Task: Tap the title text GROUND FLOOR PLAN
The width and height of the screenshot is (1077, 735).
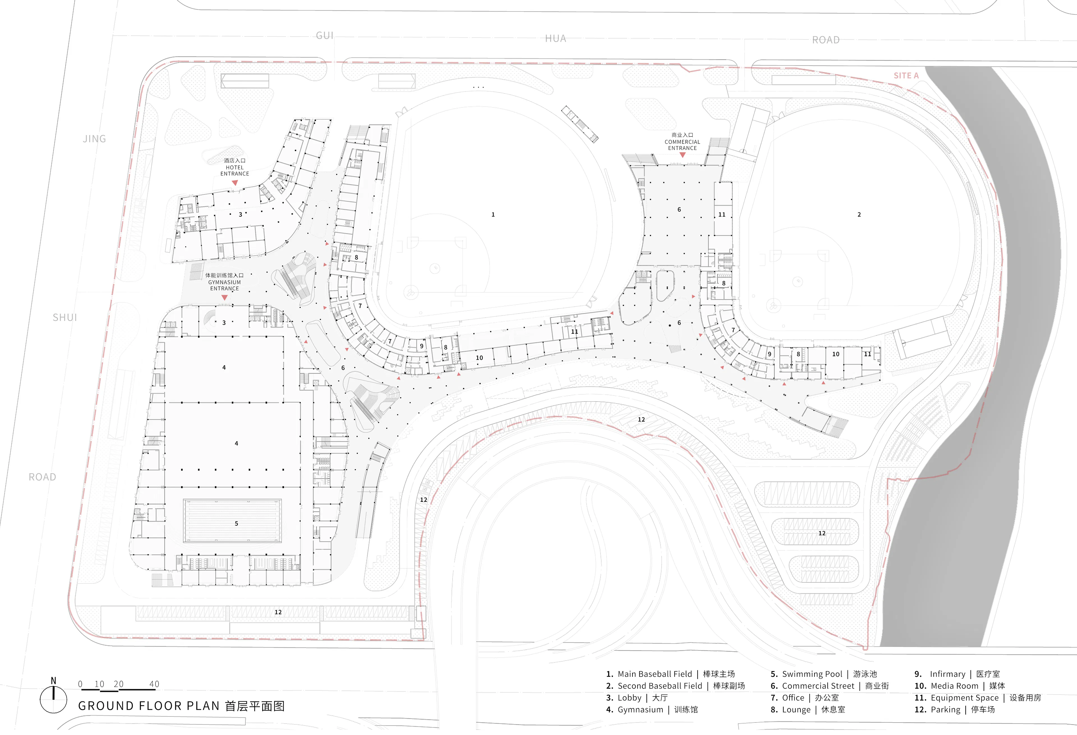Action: (148, 706)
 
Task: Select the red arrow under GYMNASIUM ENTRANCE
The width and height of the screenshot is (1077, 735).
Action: (225, 297)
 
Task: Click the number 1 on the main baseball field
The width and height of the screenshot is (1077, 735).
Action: (493, 215)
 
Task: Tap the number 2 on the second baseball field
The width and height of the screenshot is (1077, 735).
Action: (859, 215)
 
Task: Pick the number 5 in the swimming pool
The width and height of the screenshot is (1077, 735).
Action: (236, 524)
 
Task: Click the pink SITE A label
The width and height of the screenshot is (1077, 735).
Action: (906, 75)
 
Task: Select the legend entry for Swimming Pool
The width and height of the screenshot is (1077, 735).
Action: (823, 674)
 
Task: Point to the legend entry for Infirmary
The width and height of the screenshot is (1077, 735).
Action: (957, 674)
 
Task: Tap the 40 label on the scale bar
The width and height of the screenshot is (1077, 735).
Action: (154, 684)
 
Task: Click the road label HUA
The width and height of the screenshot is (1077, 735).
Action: (556, 38)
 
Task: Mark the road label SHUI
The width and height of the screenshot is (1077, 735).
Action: (65, 318)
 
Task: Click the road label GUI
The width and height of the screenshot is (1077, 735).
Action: (325, 36)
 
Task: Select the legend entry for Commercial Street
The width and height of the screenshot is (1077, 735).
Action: (830, 686)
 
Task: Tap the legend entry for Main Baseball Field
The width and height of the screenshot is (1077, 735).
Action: (670, 674)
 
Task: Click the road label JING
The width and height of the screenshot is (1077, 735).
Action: (95, 139)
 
